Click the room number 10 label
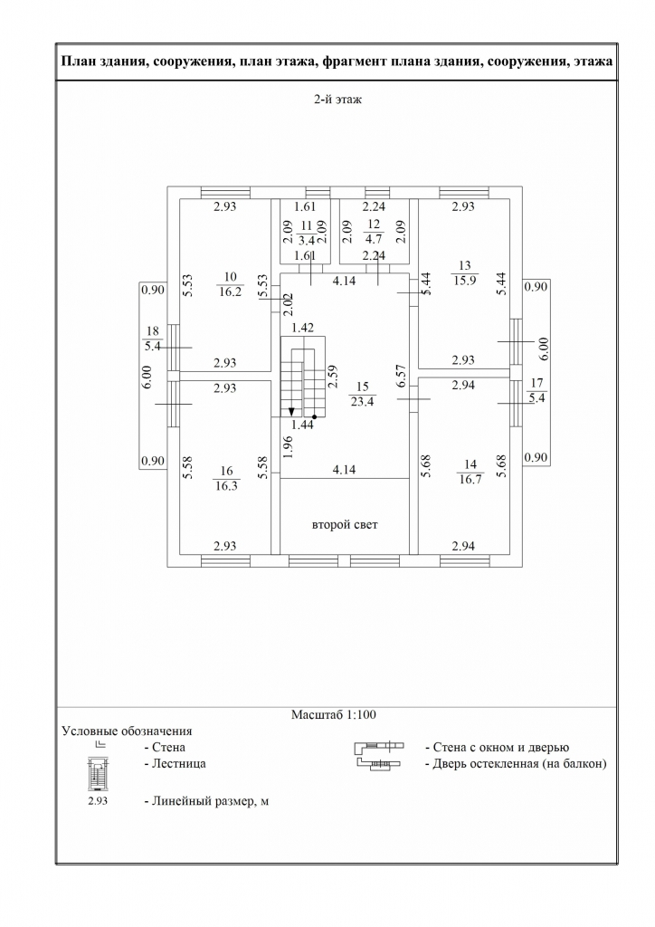[231, 276]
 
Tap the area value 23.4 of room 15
[363, 401]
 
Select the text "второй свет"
[345, 524]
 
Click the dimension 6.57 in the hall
[401, 376]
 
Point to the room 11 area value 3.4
[306, 240]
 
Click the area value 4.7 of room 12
[374, 239]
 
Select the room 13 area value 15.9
[465, 281]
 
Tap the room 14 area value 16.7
[470, 479]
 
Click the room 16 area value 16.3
[226, 486]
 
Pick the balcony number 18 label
[152, 332]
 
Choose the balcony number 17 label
[536, 383]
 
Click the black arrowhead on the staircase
[291, 412]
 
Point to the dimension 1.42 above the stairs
[303, 328]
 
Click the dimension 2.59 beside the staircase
[333, 376]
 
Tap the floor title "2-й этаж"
[337, 100]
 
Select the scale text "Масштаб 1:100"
[334, 714]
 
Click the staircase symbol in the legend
[98, 774]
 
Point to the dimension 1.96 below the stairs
[289, 447]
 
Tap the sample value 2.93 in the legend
[98, 801]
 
